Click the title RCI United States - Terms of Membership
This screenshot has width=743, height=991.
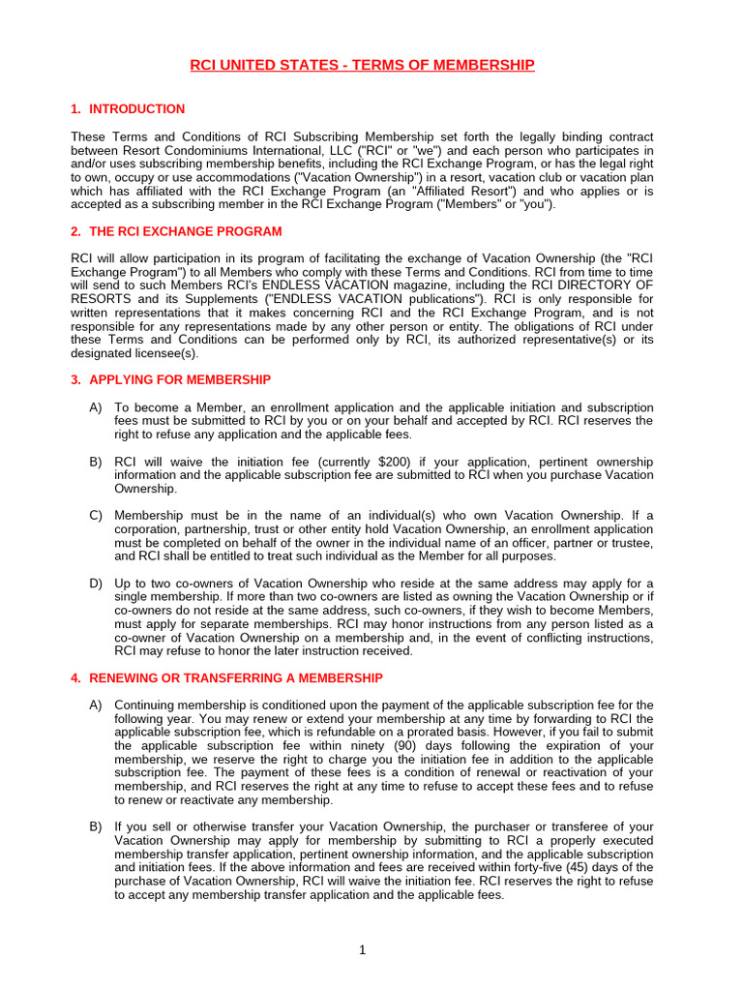[362, 65]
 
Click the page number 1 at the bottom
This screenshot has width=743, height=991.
[362, 949]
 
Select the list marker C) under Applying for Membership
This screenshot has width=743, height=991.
[96, 515]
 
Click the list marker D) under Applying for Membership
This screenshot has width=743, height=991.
[96, 583]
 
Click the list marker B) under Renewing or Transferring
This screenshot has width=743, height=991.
[96, 826]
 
